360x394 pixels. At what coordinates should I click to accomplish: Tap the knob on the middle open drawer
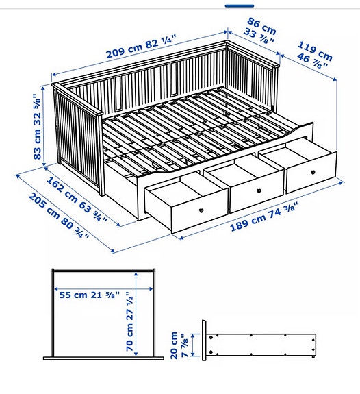click(x=260, y=191)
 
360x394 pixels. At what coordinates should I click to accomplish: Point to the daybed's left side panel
click(x=77, y=134)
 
